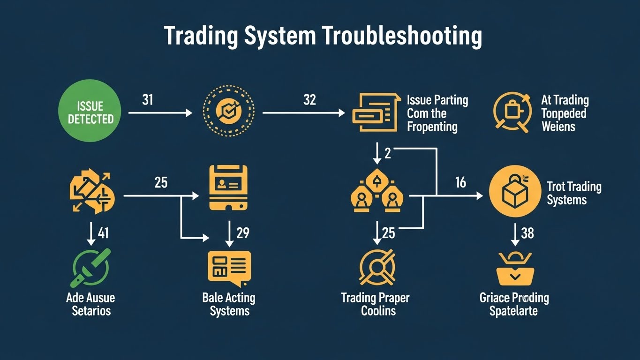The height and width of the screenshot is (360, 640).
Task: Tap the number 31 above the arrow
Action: [x=147, y=100]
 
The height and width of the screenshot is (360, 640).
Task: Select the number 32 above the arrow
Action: [x=309, y=100]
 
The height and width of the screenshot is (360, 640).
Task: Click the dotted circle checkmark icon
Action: [x=228, y=112]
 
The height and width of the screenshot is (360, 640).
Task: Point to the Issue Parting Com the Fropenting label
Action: [x=437, y=113]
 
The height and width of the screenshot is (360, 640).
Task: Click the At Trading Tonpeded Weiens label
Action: [x=565, y=113]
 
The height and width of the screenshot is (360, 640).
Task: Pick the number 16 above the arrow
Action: [x=460, y=182]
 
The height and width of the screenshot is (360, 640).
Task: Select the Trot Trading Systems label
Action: [x=573, y=193]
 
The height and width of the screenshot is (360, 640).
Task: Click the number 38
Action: [x=527, y=232]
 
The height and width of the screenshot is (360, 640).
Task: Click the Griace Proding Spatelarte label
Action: [x=514, y=304]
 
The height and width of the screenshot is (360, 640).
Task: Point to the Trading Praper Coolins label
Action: [x=375, y=304]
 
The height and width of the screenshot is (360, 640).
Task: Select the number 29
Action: [x=242, y=232]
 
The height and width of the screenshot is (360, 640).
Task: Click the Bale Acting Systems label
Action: [x=229, y=304]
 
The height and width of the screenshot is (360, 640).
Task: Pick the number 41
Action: [x=103, y=232]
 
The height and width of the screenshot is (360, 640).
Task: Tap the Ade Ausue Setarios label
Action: [x=90, y=304]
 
